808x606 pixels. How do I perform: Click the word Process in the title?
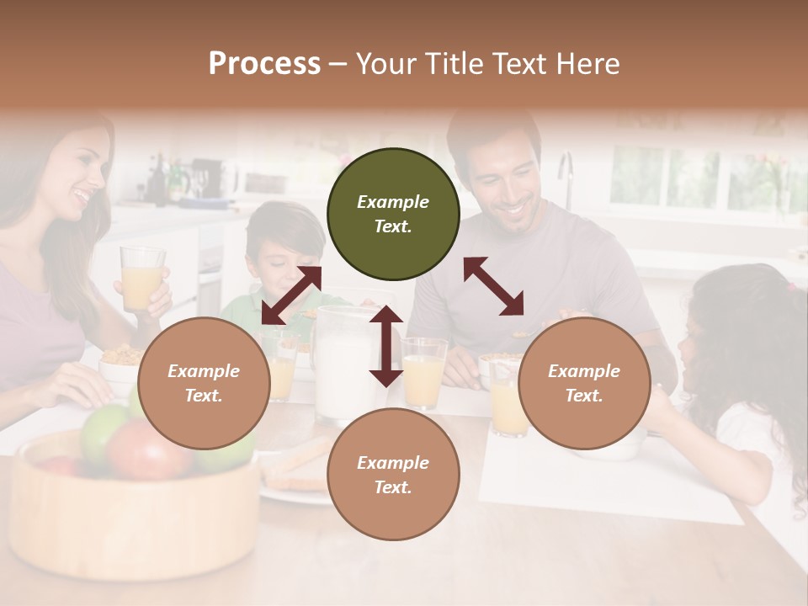click(x=264, y=64)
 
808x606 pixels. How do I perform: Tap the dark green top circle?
click(x=393, y=214)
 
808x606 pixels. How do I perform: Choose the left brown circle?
click(x=204, y=383)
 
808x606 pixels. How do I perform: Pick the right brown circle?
click(x=584, y=383)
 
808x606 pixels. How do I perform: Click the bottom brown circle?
click(x=393, y=475)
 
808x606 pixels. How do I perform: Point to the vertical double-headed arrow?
click(x=386, y=346)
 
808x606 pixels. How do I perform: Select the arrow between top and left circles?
click(x=291, y=295)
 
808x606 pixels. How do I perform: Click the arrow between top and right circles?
click(x=494, y=286)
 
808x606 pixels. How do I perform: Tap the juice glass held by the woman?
click(x=141, y=278)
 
